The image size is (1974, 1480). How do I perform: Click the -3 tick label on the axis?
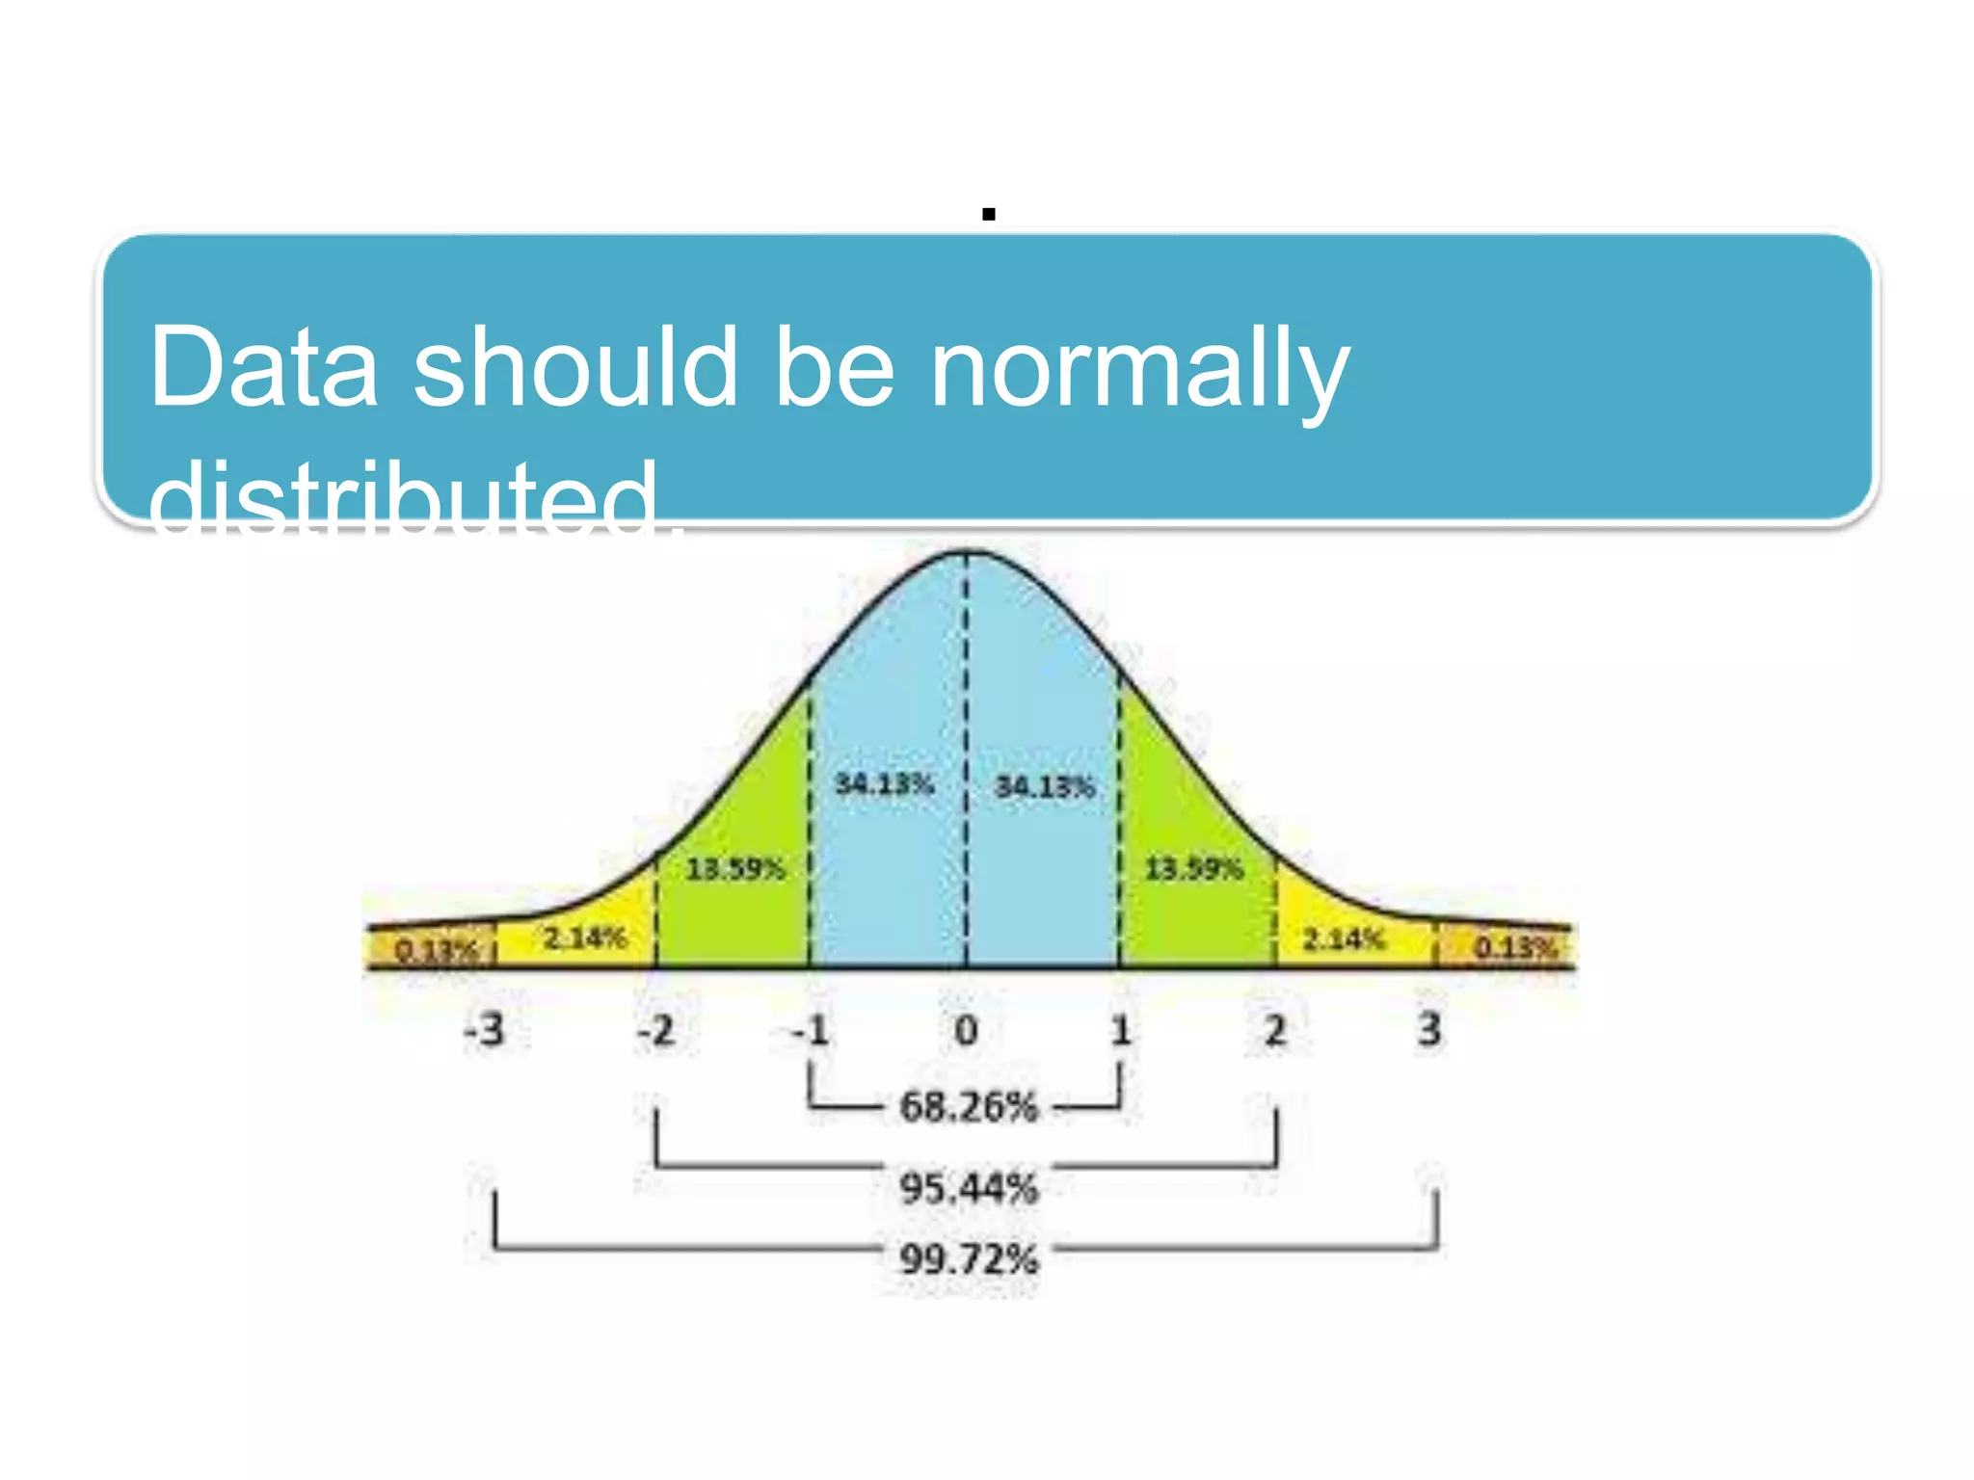(485, 1030)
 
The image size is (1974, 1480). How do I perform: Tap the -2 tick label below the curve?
(656, 1031)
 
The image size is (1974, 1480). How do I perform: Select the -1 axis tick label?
(810, 1031)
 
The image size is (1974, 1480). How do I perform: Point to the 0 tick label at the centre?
(966, 1031)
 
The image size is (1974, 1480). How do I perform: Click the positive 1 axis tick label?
(1120, 1031)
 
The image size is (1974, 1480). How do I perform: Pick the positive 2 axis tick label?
(1275, 1031)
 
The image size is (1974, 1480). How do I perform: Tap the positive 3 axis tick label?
(1429, 1030)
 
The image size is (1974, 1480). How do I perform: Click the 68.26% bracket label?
(969, 1107)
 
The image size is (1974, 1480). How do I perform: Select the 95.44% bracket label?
(969, 1188)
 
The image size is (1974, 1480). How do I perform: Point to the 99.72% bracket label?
(969, 1259)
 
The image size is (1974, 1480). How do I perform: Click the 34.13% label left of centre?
(884, 784)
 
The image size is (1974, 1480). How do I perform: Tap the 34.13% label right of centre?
(1045, 787)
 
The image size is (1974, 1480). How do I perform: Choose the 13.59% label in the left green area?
(735, 869)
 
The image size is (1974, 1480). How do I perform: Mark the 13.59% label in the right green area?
(1193, 869)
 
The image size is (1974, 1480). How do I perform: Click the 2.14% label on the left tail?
(584, 938)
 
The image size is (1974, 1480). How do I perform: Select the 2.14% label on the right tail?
(1344, 938)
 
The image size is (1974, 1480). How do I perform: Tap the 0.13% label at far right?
(1515, 948)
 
